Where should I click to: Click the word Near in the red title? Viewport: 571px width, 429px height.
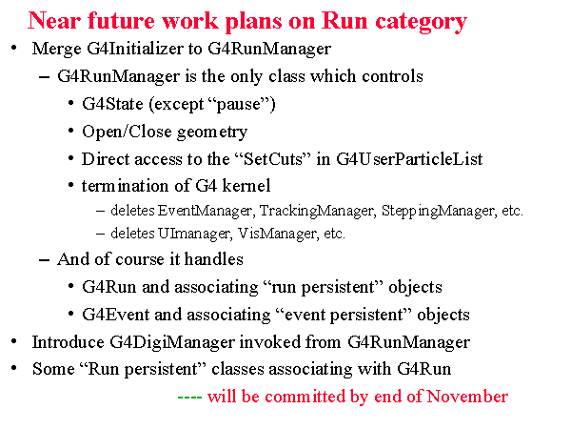click(54, 20)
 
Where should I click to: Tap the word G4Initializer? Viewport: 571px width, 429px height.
click(135, 49)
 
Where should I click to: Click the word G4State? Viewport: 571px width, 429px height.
click(112, 104)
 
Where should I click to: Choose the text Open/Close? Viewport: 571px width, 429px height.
click(128, 132)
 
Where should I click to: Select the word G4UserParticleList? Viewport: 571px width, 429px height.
click(409, 159)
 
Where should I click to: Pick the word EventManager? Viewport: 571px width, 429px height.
click(205, 211)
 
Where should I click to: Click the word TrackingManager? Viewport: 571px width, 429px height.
click(317, 211)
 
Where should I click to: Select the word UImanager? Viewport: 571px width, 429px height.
click(194, 234)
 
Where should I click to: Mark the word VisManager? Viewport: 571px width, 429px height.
click(277, 234)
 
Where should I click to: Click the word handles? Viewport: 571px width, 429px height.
click(214, 259)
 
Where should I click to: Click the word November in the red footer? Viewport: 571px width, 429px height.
click(467, 397)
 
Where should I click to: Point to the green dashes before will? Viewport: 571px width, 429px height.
click(189, 397)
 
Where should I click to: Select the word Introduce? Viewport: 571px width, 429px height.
click(69, 342)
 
